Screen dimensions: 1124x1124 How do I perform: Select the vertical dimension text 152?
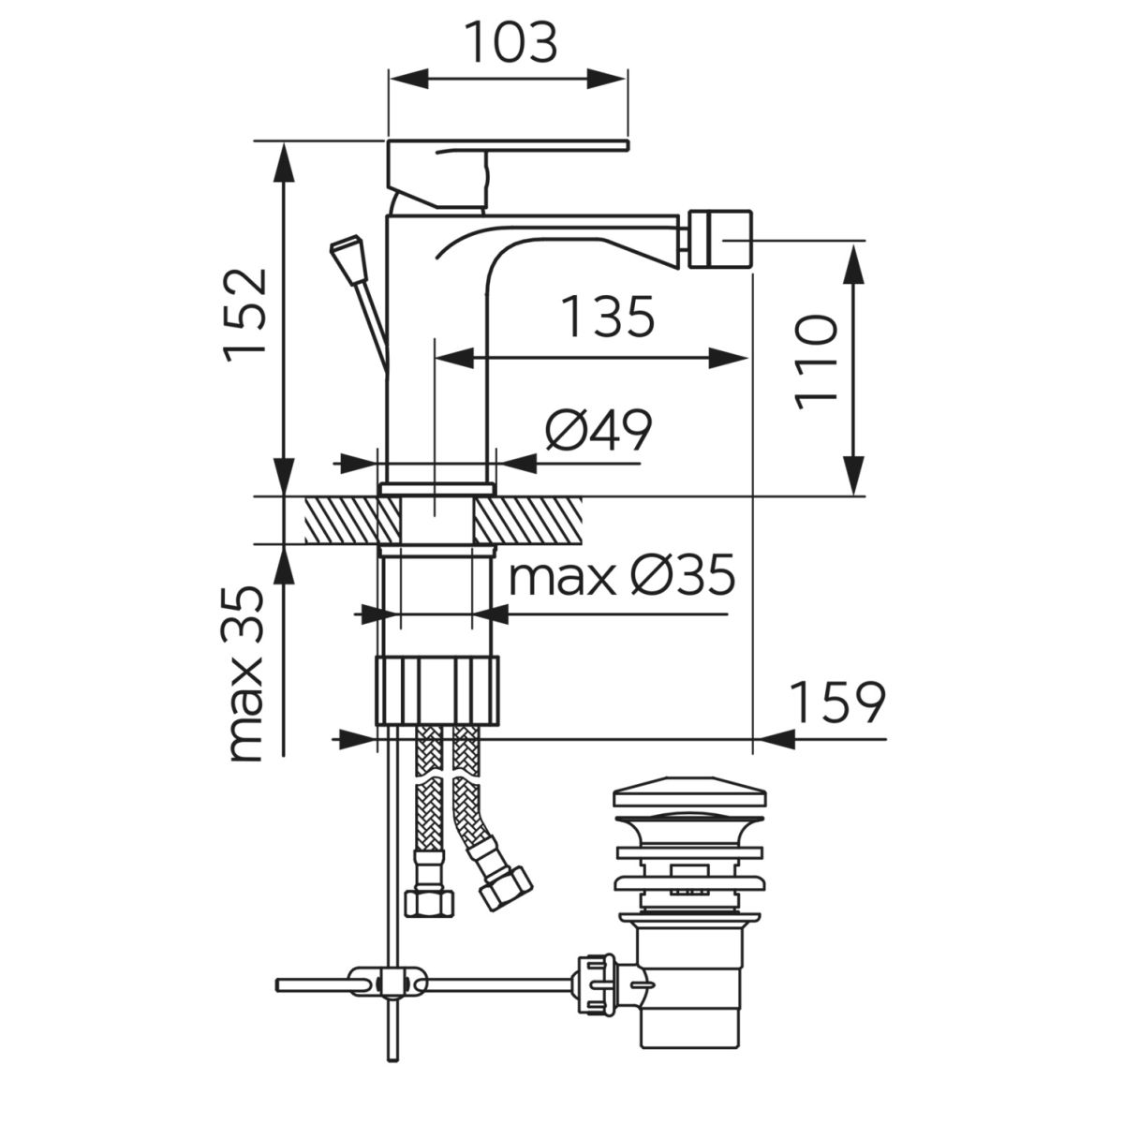(x=246, y=316)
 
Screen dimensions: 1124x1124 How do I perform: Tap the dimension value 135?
(x=609, y=317)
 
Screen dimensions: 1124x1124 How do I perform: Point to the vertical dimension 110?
(x=816, y=362)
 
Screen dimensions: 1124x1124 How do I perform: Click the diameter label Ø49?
(x=599, y=430)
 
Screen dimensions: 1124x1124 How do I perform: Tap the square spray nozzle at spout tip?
(x=720, y=241)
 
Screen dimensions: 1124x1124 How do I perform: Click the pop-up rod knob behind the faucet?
(x=349, y=258)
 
